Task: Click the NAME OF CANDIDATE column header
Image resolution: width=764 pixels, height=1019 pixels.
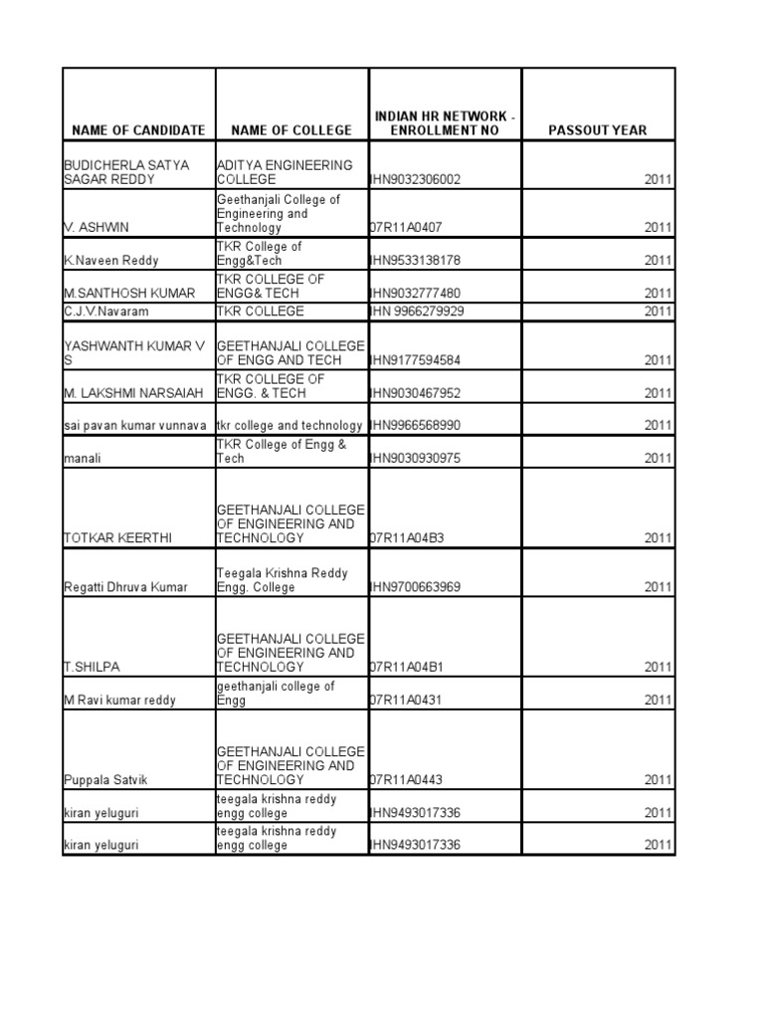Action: point(138,130)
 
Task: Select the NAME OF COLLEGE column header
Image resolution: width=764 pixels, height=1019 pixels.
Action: point(291,130)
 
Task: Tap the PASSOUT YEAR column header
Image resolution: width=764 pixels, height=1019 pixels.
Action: point(598,130)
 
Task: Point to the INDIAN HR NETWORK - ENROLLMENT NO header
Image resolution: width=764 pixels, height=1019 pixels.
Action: point(445,123)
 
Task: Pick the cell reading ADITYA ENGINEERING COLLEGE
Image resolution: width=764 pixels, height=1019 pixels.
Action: point(285,172)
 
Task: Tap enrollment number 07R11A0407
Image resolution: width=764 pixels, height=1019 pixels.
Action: point(406,228)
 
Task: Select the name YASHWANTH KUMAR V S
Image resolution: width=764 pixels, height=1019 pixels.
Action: point(134,352)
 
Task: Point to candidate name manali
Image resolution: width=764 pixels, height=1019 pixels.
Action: point(84,459)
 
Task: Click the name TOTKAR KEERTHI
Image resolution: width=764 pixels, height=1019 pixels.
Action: point(117,538)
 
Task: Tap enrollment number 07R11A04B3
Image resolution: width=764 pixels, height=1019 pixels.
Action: point(406,538)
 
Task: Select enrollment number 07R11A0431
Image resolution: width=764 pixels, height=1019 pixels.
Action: point(406,701)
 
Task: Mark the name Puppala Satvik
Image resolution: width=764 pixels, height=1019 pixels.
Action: point(106,780)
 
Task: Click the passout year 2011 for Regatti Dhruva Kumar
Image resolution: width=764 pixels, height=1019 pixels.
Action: point(658,588)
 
